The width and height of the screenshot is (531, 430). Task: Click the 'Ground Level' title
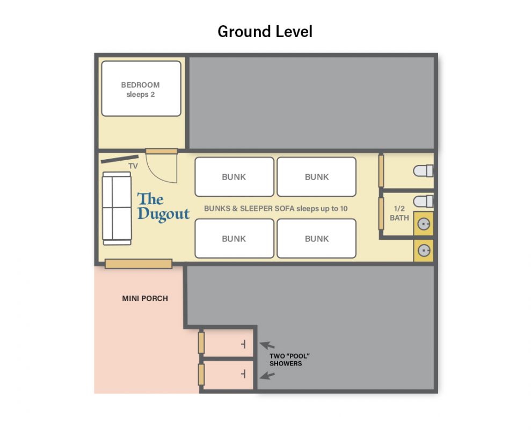pyautogui.click(x=265, y=32)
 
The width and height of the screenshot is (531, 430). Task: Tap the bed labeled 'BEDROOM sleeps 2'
pyautogui.click(x=141, y=89)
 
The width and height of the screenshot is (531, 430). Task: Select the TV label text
pyautogui.click(x=133, y=166)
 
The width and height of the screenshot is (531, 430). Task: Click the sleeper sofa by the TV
pyautogui.click(x=117, y=208)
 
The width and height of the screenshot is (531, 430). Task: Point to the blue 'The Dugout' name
pyautogui.click(x=163, y=206)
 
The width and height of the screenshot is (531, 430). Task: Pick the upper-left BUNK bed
pyautogui.click(x=234, y=177)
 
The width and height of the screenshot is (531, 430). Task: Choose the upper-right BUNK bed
pyautogui.click(x=317, y=177)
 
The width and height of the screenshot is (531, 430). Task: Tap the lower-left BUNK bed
pyautogui.click(x=234, y=239)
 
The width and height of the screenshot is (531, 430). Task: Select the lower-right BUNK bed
pyautogui.click(x=317, y=239)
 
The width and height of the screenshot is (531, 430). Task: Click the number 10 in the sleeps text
pyautogui.click(x=344, y=209)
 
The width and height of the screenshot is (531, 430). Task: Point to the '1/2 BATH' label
pyautogui.click(x=399, y=213)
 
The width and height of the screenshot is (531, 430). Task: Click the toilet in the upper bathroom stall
pyautogui.click(x=423, y=171)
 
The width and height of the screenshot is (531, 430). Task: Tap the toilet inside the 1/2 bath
pyautogui.click(x=423, y=202)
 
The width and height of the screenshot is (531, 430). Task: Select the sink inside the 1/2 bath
pyautogui.click(x=424, y=224)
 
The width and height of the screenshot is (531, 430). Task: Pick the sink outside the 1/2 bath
pyautogui.click(x=424, y=250)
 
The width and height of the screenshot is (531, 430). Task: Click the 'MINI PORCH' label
pyautogui.click(x=145, y=298)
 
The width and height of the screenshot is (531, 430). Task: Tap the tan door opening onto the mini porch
pyautogui.click(x=139, y=264)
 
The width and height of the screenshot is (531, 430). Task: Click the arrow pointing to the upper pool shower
pyautogui.click(x=267, y=346)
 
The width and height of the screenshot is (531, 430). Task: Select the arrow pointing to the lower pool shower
pyautogui.click(x=267, y=375)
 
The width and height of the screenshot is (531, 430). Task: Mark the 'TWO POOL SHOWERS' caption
pyautogui.click(x=289, y=360)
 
